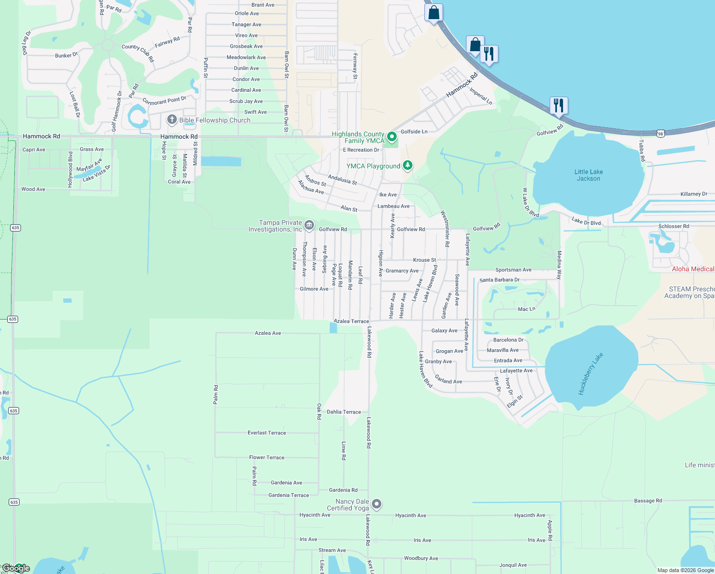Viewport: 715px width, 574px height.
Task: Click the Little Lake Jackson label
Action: point(588,175)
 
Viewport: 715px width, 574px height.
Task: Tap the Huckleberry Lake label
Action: point(591,374)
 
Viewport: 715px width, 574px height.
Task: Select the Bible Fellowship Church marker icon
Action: point(172,120)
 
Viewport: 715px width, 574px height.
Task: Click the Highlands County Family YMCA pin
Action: point(392,137)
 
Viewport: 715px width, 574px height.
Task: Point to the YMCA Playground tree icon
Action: point(407,166)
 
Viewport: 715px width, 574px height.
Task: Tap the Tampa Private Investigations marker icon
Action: point(309,225)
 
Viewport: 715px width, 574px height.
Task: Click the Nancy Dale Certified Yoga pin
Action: point(377,504)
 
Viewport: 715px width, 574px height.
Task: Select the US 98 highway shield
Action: point(660,134)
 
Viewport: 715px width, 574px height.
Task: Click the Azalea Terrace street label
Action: point(351,321)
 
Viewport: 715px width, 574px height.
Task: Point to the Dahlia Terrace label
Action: point(344,412)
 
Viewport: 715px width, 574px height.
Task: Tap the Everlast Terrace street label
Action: point(267,433)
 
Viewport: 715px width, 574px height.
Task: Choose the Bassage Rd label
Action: point(648,501)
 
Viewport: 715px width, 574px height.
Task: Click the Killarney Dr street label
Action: point(693,194)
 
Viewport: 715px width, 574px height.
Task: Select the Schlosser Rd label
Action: point(673,226)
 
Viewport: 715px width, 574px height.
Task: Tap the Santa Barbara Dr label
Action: point(499,280)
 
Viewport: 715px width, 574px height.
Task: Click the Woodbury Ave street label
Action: point(421,558)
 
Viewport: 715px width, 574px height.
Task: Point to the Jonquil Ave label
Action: point(513,565)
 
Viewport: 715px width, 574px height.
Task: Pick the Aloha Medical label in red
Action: point(693,269)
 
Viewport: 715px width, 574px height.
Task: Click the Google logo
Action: point(15,568)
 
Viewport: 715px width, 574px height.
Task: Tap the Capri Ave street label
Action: point(33,150)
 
